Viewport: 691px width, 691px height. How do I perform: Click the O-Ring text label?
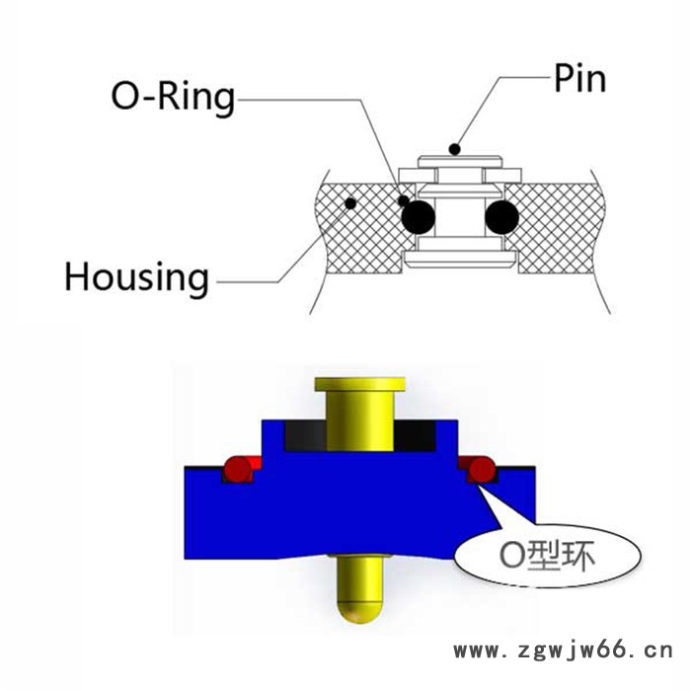172,98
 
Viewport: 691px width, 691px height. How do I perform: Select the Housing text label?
136,277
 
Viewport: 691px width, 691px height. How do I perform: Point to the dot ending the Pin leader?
455,150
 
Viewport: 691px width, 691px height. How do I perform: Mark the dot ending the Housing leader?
348,204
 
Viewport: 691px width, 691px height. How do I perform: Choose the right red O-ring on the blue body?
483,467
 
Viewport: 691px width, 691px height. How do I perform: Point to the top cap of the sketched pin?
460,160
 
